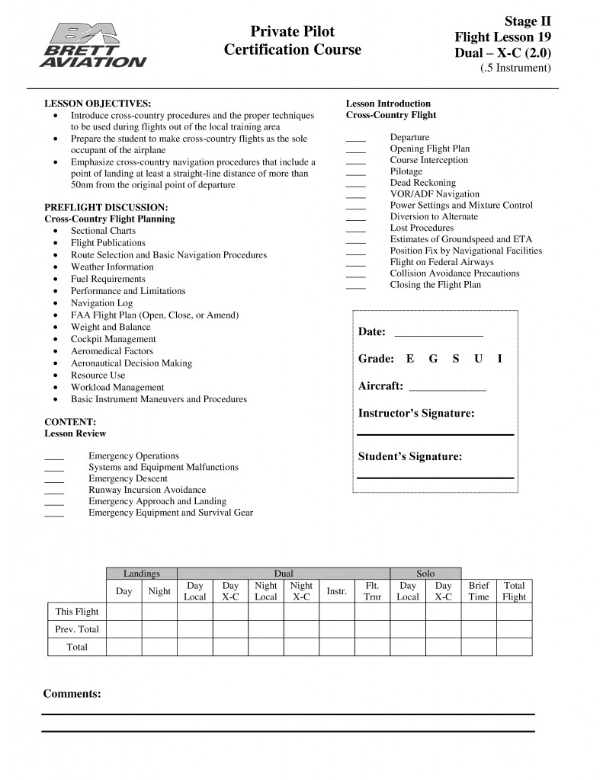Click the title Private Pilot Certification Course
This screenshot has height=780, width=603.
point(293,40)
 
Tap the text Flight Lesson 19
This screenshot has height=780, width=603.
point(502,37)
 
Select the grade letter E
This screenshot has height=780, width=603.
point(410,359)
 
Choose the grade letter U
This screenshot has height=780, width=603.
point(478,359)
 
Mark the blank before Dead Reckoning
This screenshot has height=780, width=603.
point(356,184)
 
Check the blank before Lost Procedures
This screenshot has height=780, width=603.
point(356,229)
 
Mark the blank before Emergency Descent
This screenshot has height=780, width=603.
point(54,479)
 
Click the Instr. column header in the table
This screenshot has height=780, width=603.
point(336,591)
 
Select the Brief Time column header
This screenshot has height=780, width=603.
point(479,591)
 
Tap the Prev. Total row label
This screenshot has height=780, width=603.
point(77,629)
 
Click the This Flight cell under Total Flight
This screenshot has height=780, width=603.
point(514,612)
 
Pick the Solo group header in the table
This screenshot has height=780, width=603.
point(425,573)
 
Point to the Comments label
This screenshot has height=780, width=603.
point(72,694)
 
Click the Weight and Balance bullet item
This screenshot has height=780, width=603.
point(111,327)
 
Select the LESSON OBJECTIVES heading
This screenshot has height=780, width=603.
point(97,103)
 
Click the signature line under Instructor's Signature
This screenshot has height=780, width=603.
point(435,434)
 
